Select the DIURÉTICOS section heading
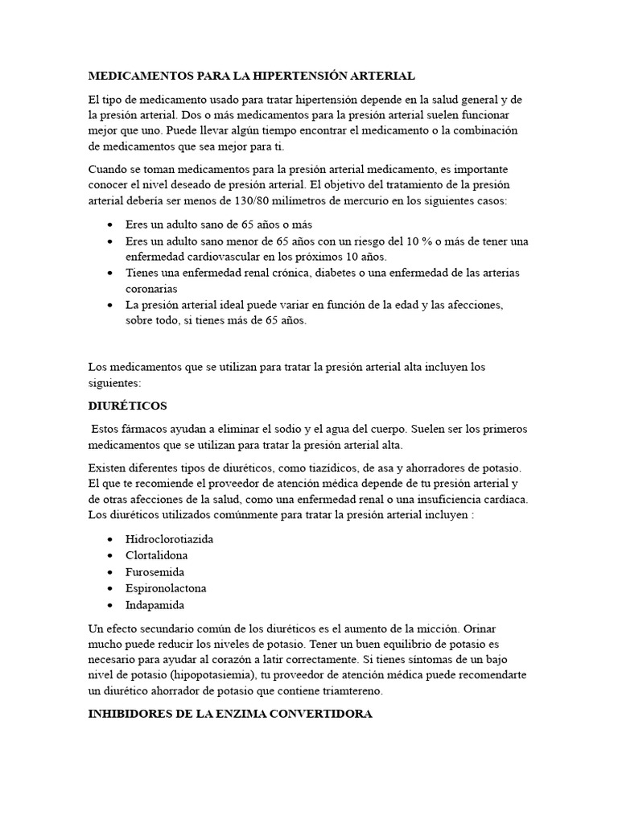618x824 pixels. pos(127,406)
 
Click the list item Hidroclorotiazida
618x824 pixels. pos(169,538)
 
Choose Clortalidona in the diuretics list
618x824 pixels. pos(156,555)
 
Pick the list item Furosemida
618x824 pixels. pos(154,572)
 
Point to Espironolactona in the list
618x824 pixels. pos(166,588)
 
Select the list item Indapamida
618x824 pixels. pos(154,605)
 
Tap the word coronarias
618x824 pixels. pos(152,288)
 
